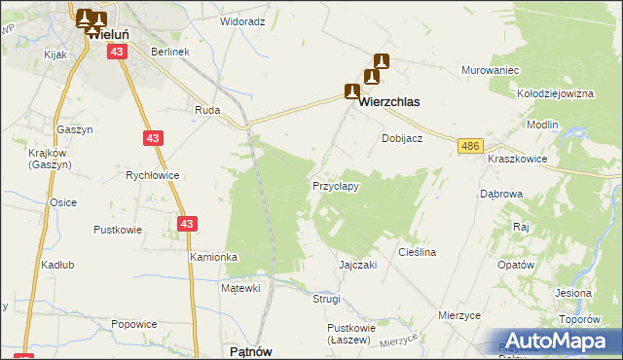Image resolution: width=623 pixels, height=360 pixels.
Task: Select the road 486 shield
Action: (471, 146)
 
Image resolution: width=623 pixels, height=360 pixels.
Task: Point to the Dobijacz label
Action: (401, 138)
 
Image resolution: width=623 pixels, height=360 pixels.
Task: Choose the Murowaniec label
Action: (490, 71)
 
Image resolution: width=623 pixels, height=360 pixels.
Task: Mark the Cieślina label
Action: (417, 252)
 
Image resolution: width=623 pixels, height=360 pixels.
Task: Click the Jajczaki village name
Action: (357, 265)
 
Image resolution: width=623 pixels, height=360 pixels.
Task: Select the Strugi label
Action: (326, 299)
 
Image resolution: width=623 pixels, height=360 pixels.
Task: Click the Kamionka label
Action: (214, 257)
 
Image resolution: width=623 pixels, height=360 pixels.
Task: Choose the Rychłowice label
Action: (153, 175)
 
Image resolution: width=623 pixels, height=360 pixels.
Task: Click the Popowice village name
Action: (133, 324)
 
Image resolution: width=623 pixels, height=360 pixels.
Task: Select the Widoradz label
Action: (242, 20)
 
